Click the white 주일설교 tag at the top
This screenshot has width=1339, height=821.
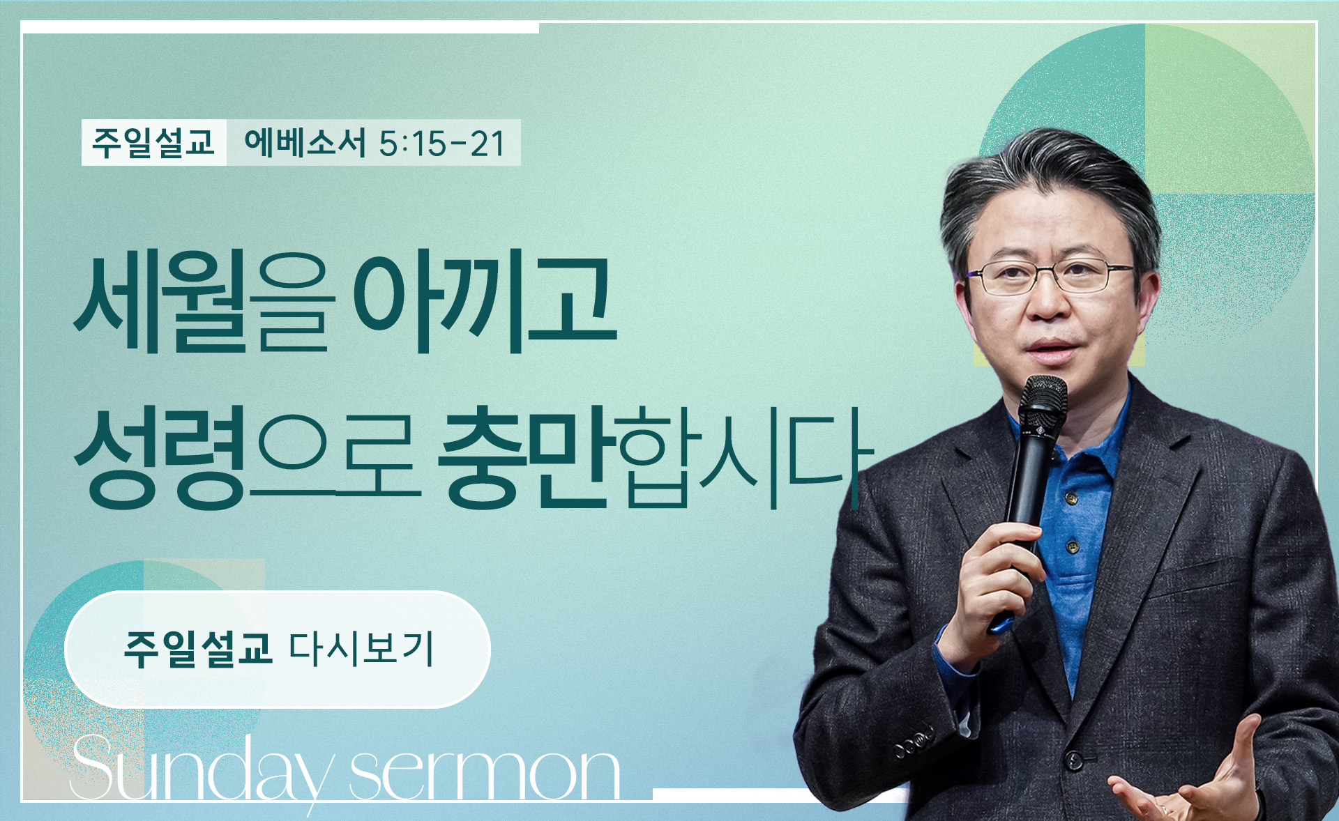[153, 143]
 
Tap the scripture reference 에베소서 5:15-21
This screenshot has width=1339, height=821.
[375, 143]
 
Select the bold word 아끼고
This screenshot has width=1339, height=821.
[485, 302]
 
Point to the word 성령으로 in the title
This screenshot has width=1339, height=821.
[248, 456]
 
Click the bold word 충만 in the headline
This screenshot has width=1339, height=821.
[527, 456]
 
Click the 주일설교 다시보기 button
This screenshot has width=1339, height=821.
[278, 650]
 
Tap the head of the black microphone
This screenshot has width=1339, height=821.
[1043, 401]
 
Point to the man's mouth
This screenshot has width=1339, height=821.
[1051, 348]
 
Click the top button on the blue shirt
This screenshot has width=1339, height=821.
[1071, 498]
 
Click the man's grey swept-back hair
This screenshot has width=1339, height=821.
[1046, 181]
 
